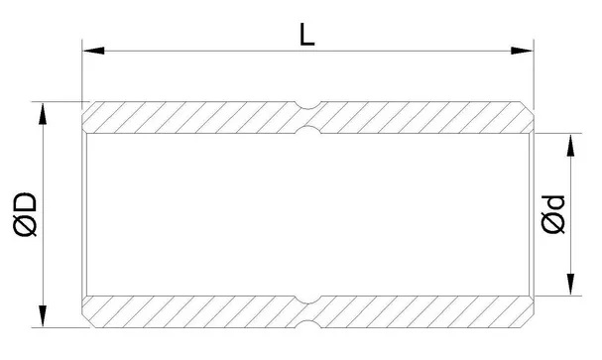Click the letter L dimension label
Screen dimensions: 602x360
(306, 35)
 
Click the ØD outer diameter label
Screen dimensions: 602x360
(26, 214)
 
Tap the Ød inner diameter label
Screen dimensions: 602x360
(553, 214)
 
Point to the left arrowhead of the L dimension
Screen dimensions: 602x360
(93, 51)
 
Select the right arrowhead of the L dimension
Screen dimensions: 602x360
(522, 51)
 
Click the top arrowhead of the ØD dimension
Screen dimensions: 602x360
(43, 114)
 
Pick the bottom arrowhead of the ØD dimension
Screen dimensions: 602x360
(43, 316)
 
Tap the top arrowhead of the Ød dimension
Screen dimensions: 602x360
(571, 145)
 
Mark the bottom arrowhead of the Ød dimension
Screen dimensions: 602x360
(571, 285)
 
